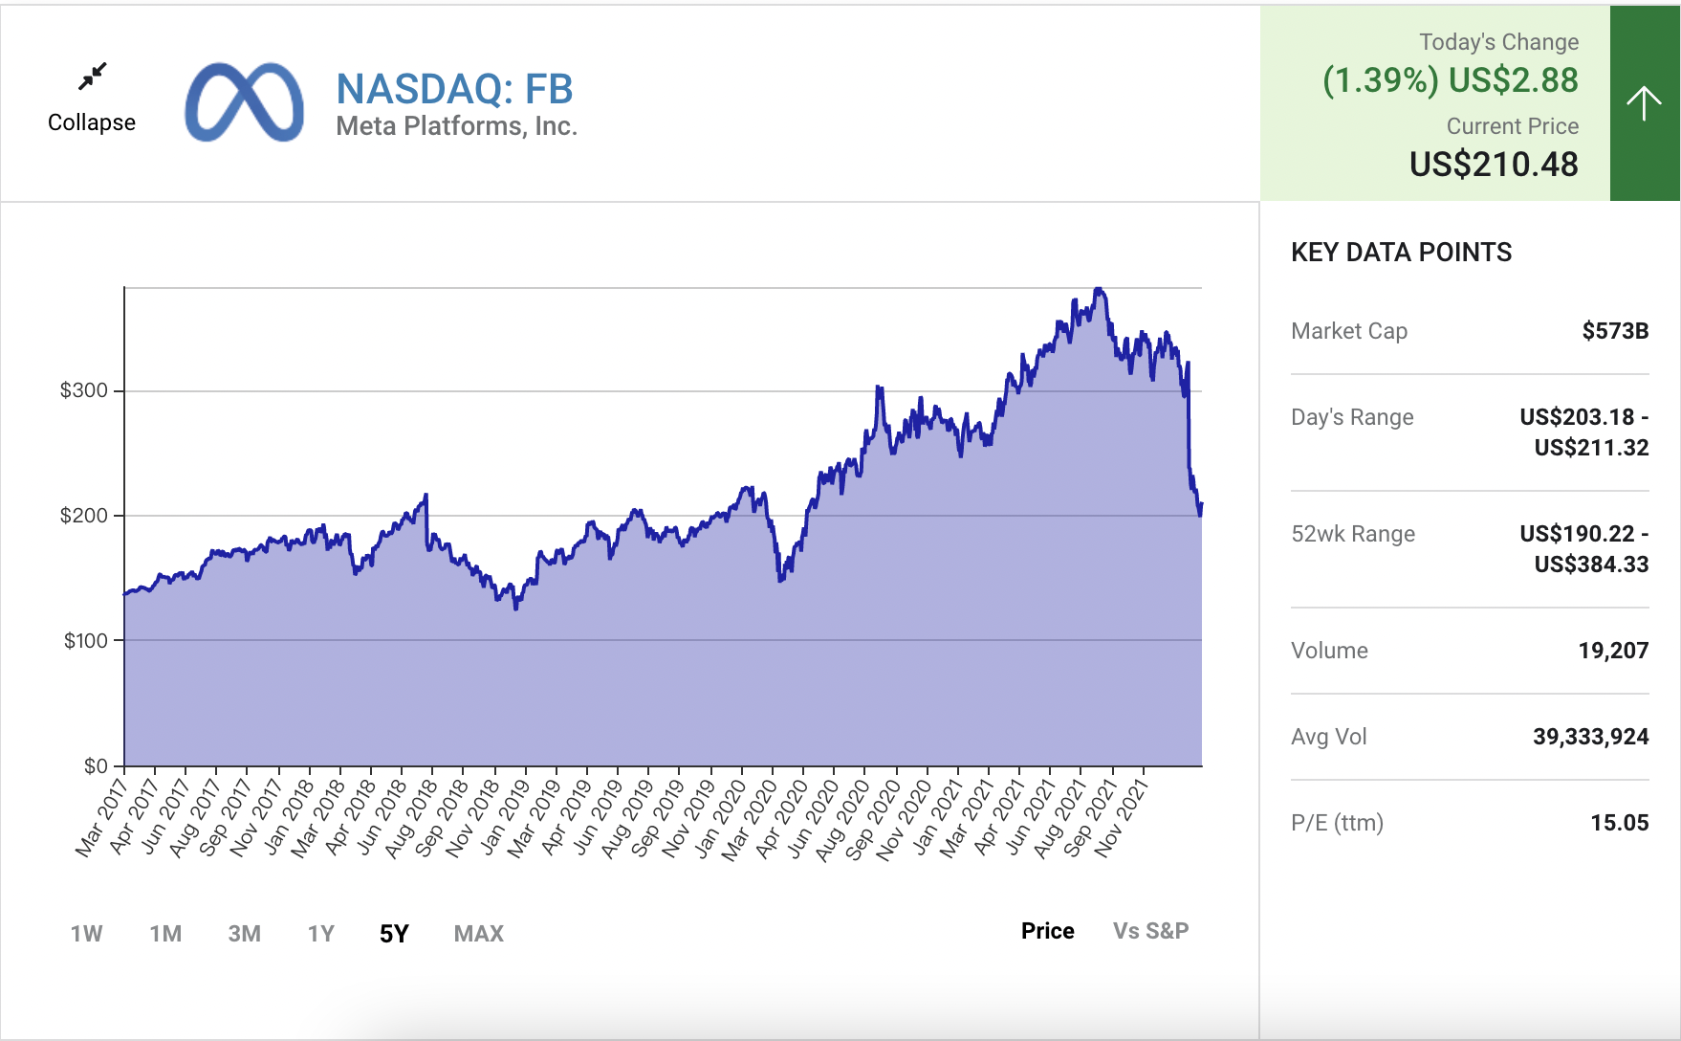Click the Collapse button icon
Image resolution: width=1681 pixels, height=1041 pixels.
(93, 77)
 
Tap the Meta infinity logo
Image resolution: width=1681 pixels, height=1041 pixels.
(245, 102)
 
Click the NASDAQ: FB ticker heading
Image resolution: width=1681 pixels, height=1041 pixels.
(454, 89)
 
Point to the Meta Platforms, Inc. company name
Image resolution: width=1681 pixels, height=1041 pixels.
(456, 126)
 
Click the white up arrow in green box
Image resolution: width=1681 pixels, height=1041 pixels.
(1644, 103)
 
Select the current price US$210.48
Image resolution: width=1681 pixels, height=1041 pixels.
(1494, 165)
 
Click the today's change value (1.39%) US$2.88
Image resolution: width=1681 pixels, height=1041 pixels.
(1450, 80)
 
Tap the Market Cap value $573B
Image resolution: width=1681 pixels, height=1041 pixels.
(1615, 331)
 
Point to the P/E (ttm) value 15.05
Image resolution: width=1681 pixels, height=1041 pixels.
(1619, 823)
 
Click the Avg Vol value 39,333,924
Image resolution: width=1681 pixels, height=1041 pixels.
(1590, 737)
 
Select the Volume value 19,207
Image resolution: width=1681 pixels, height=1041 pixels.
(1613, 651)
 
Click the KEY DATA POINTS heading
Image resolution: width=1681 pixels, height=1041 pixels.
(1401, 253)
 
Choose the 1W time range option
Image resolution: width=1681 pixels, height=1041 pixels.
(86, 934)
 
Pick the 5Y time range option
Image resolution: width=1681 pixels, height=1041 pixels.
(394, 934)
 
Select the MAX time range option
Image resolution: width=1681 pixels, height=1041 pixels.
(478, 934)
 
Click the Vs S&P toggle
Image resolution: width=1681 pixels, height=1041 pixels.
(1150, 931)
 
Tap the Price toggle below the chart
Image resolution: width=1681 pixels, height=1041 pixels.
(1047, 931)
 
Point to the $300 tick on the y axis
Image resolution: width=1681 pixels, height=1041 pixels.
(84, 390)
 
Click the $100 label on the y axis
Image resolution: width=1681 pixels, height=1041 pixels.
(86, 641)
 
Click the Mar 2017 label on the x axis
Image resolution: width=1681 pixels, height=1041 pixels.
(101, 818)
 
